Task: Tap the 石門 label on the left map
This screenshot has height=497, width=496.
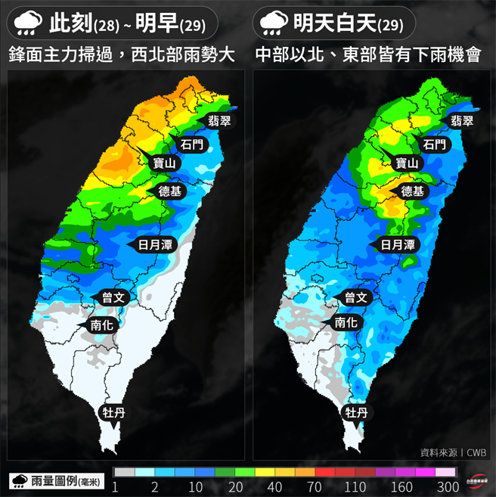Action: point(192,144)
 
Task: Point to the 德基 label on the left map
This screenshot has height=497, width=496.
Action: point(170,191)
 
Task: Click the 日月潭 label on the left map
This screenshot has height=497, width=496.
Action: point(156,244)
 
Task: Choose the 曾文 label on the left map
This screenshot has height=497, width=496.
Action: point(113,298)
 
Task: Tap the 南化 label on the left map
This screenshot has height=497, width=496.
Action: point(102,324)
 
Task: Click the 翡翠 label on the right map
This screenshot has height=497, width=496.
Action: point(460,120)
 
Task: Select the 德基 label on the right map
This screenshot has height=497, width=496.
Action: point(412,191)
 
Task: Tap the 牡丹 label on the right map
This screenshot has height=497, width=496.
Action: point(356,412)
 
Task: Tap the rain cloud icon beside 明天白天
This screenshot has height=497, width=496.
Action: point(274,23)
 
